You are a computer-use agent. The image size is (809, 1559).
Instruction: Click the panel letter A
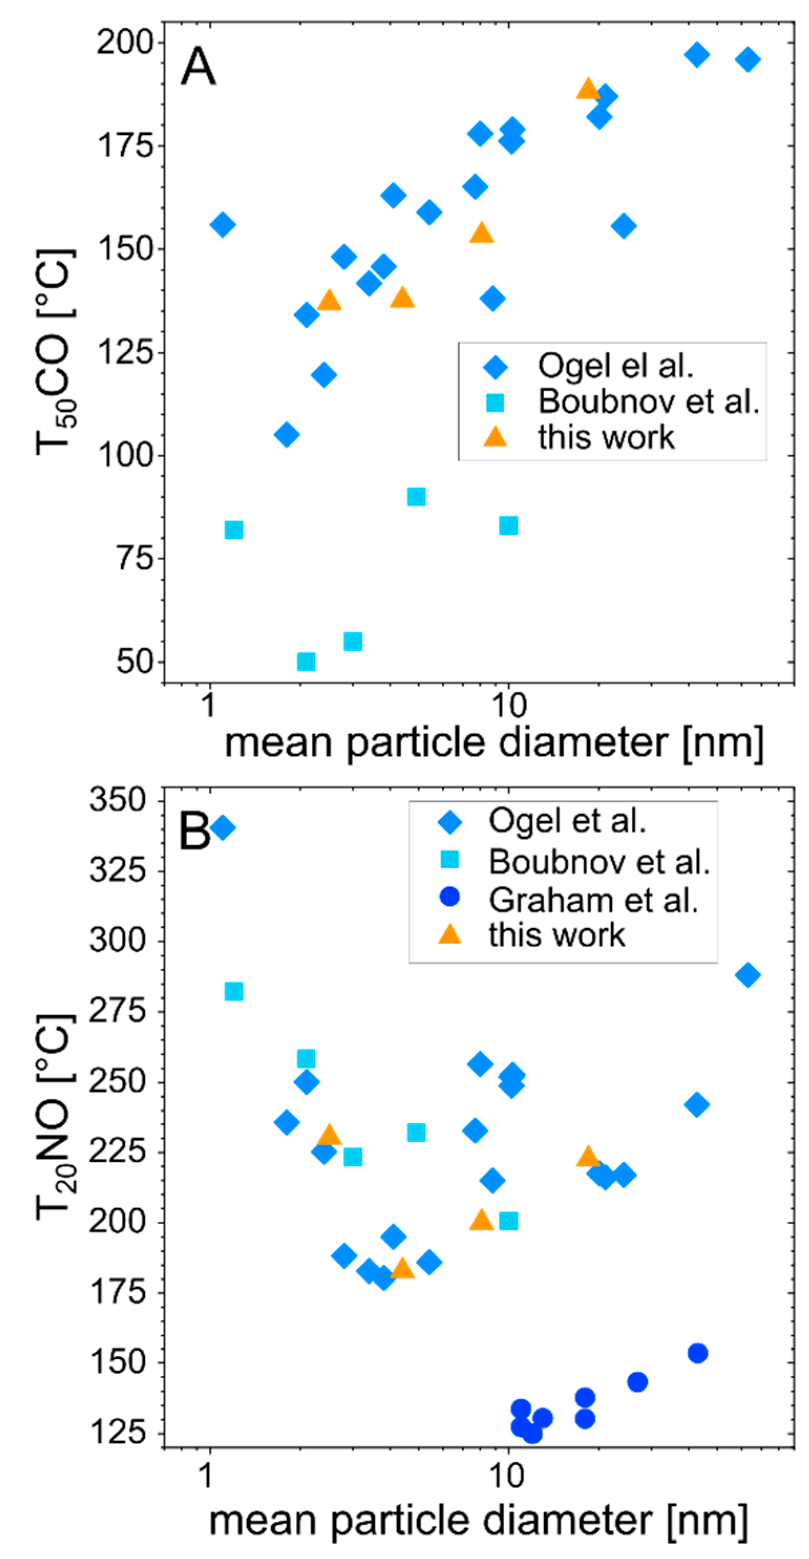(198, 67)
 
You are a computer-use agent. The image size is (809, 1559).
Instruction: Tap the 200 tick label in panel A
(125, 42)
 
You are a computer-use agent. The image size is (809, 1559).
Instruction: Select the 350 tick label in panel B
(118, 800)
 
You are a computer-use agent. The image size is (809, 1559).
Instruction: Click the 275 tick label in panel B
(118, 1012)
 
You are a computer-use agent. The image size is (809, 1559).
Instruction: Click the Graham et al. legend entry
(593, 900)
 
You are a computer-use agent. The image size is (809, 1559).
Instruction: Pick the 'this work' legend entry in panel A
(605, 437)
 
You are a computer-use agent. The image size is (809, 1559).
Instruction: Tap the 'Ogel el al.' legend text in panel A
(615, 365)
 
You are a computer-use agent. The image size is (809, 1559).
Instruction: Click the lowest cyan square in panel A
(306, 661)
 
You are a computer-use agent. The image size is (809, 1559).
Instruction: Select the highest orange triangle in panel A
(588, 89)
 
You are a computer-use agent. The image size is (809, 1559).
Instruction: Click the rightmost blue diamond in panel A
(748, 59)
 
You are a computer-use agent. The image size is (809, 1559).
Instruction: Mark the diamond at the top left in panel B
(222, 827)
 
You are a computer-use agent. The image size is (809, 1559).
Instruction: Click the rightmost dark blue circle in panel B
(698, 1353)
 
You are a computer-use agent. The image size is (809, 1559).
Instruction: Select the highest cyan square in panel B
(234, 991)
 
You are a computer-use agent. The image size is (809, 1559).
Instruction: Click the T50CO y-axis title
(55, 351)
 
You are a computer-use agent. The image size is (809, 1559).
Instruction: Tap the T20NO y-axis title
(55, 1117)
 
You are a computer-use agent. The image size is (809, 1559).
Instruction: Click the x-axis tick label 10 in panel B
(507, 1476)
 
